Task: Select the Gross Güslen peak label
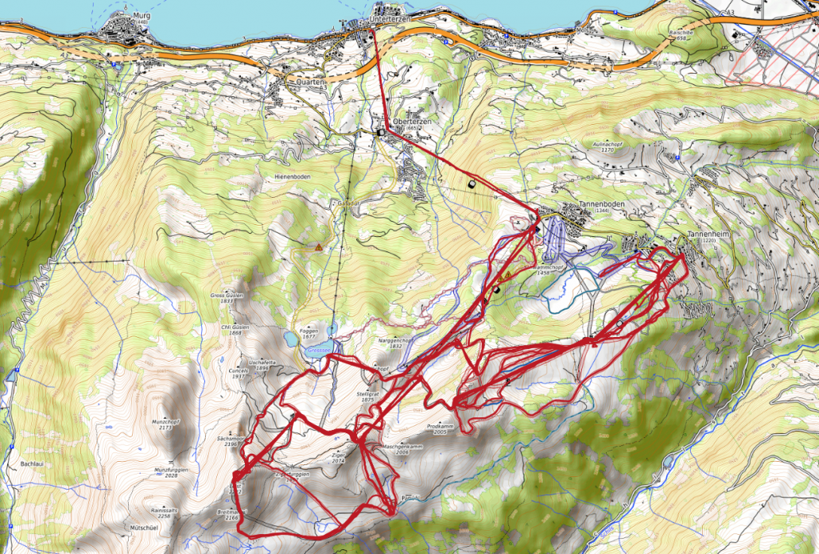pos(226,295)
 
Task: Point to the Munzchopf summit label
pos(165,422)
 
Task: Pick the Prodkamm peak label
pos(440,427)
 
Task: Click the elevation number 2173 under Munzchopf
pos(165,428)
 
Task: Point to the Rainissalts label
pos(165,509)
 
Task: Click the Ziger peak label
pos(339,455)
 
